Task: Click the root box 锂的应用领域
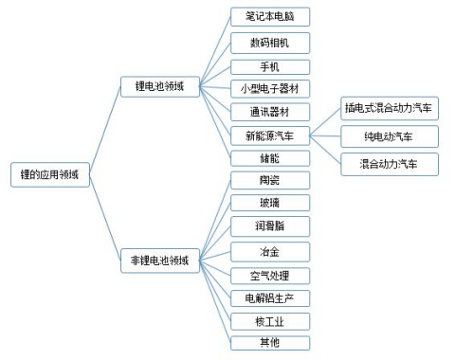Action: click(x=50, y=174)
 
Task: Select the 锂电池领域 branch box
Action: click(x=160, y=86)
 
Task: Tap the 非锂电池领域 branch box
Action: click(x=160, y=261)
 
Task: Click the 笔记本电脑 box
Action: click(x=270, y=17)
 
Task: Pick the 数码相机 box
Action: click(x=270, y=43)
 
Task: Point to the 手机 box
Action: click(x=270, y=66)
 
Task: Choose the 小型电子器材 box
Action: click(x=270, y=88)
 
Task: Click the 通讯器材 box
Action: click(x=270, y=111)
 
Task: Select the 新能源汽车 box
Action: click(x=270, y=135)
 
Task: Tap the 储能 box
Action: click(x=270, y=157)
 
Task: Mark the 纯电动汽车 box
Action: click(x=390, y=136)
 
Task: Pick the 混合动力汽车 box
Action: click(x=390, y=164)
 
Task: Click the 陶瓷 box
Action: click(x=270, y=180)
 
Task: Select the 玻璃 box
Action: click(x=270, y=203)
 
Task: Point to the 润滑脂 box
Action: click(x=270, y=226)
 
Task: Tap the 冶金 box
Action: click(x=270, y=252)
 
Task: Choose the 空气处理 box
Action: click(x=270, y=276)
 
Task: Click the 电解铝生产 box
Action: click(x=270, y=298)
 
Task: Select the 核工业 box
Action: click(x=270, y=321)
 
